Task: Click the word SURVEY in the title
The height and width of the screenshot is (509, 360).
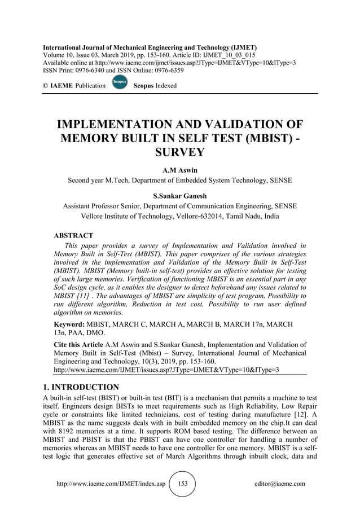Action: tap(179, 153)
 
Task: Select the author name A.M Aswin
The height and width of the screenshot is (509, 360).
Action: tap(179, 169)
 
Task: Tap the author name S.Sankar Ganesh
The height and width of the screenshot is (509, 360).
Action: tap(179, 196)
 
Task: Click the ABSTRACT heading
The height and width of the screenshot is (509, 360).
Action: tap(73, 235)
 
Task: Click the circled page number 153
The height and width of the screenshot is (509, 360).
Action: tap(182, 484)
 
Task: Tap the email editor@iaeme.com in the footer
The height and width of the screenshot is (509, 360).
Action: tap(280, 484)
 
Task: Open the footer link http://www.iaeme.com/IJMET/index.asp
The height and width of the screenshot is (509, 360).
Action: tap(111, 484)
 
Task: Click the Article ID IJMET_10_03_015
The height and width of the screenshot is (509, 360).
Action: tap(230, 55)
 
